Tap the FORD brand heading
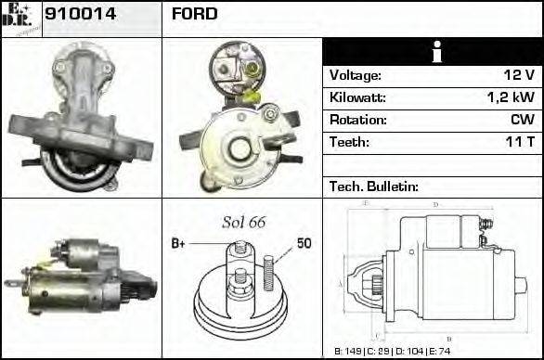194,14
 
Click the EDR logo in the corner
20,18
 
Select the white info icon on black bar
432,52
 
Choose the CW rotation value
521,121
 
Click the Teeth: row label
349,143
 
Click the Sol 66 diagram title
244,223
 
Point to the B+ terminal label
179,244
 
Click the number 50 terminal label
304,244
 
